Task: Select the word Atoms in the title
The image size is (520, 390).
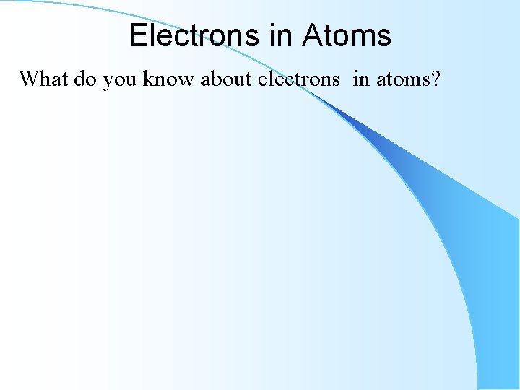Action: [x=347, y=35]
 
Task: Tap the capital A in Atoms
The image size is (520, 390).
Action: [x=312, y=35]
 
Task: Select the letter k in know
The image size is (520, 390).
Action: [x=147, y=78]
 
